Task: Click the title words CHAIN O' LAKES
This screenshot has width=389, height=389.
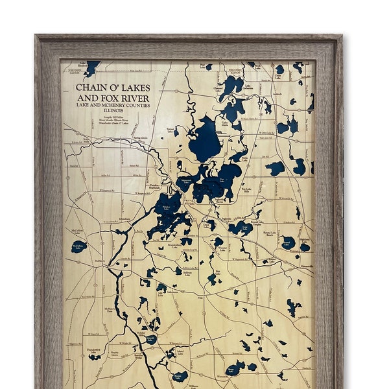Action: (113, 88)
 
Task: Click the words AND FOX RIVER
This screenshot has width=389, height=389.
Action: (113, 97)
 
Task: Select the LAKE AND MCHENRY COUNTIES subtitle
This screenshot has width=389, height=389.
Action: (113, 105)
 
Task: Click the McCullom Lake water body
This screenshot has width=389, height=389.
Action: (79, 246)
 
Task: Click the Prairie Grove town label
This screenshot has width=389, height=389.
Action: (114, 355)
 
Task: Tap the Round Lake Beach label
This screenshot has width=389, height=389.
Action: (270, 233)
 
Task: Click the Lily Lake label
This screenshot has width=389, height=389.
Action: (160, 295)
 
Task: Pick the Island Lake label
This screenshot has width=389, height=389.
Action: (180, 353)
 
